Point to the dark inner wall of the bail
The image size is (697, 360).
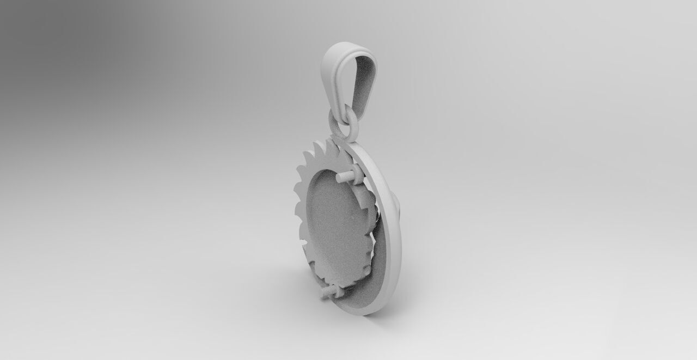coord(363,82)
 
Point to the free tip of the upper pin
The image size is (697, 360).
coord(339,178)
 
